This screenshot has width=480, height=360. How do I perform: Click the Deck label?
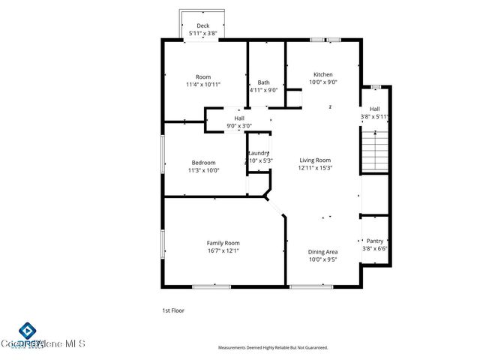(203, 25)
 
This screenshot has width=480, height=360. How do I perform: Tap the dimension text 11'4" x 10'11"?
(203, 85)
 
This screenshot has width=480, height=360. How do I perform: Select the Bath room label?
(264, 82)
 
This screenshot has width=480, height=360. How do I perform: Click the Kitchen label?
(323, 74)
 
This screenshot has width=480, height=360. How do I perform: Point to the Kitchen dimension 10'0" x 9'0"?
(323, 82)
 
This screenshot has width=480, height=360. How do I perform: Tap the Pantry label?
(375, 241)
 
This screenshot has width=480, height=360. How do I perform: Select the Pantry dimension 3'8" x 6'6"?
(375, 249)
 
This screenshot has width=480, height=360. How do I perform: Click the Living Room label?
(316, 160)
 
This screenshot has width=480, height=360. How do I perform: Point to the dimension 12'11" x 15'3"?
(316, 168)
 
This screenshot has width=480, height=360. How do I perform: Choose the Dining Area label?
(323, 252)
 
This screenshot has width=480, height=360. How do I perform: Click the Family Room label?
(223, 242)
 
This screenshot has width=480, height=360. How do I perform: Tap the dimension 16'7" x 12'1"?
(223, 250)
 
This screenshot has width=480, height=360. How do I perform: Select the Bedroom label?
(203, 162)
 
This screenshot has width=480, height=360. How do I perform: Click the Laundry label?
(259, 153)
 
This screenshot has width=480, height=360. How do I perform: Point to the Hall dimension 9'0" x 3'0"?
(239, 126)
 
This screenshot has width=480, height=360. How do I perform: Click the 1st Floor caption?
(173, 310)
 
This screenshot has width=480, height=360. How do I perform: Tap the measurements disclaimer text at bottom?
(273, 348)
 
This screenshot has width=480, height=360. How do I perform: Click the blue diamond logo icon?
(27, 331)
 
